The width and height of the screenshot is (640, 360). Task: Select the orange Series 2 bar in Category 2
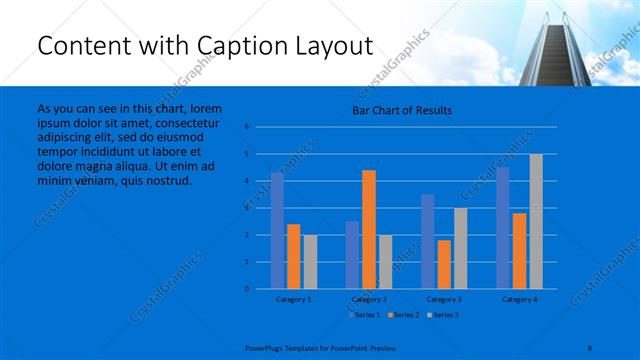coord(369,229)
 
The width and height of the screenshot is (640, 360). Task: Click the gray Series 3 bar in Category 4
coord(536,221)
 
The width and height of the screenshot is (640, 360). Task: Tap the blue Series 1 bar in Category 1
coord(277,230)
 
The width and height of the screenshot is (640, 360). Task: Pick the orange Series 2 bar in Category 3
coord(444,264)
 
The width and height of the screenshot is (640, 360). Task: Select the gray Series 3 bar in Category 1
coord(310,261)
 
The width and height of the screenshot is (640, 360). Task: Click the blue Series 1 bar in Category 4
coord(502,227)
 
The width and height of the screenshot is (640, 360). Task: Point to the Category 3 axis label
coord(444,299)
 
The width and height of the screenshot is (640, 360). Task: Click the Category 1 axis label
coord(293,299)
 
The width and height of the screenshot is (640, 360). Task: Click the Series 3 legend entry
coord(444,315)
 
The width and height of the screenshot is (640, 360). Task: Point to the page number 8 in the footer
coord(589,346)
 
